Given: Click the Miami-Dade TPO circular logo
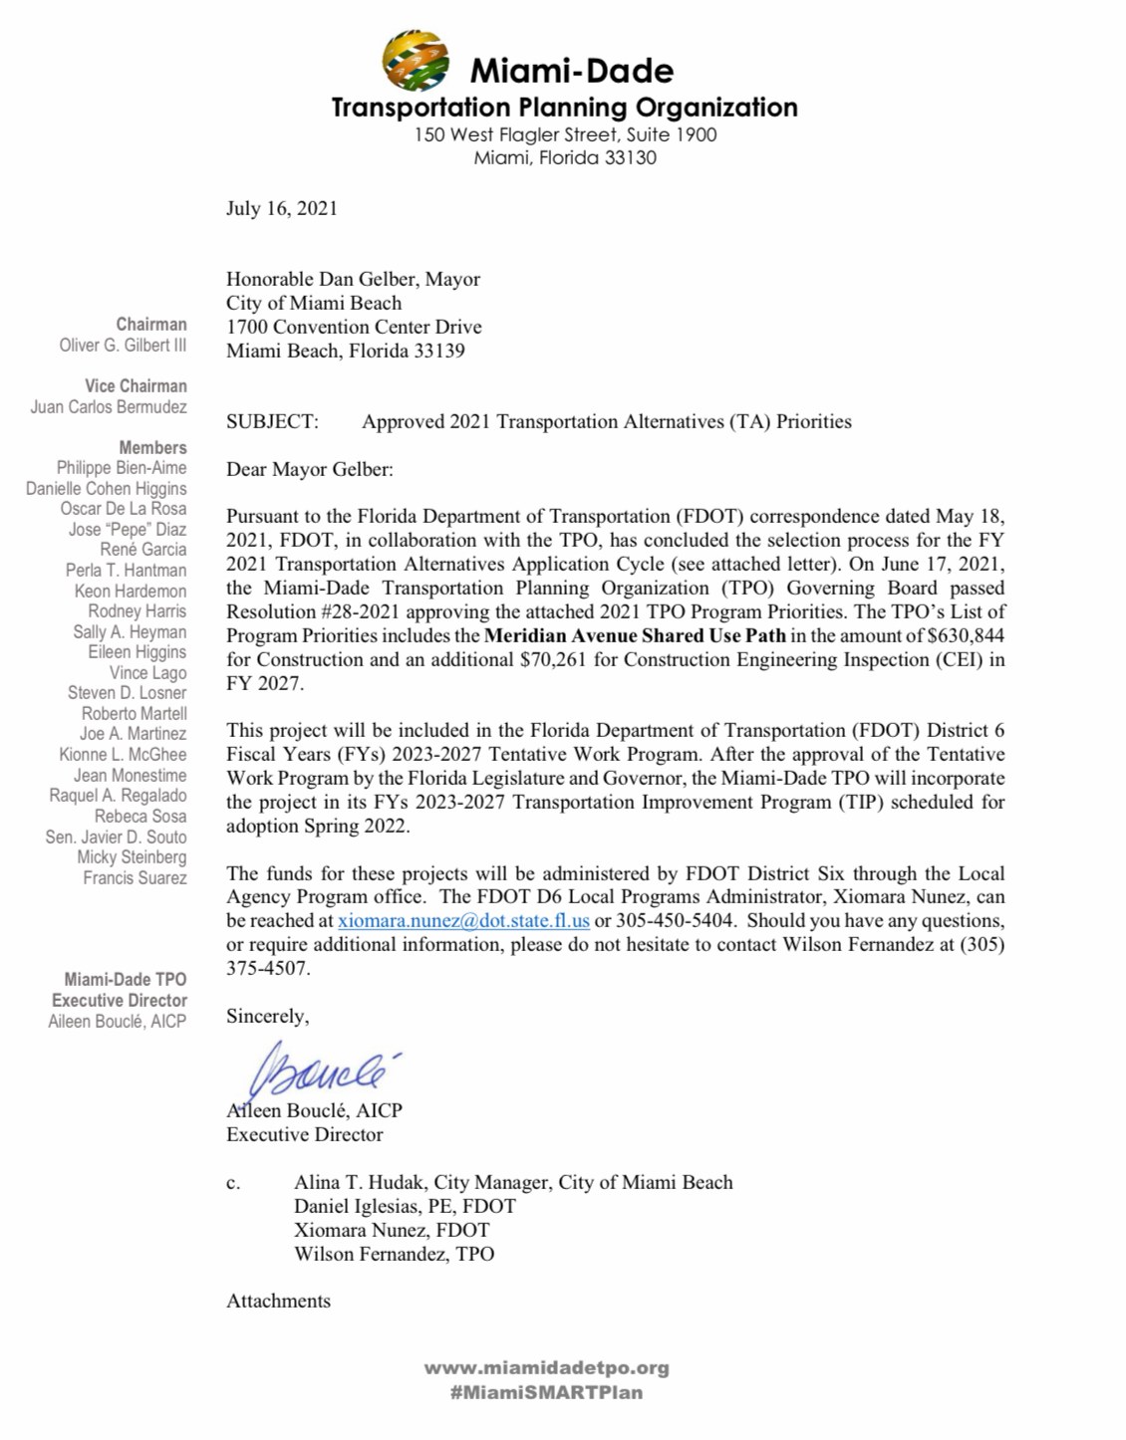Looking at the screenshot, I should [x=416, y=62].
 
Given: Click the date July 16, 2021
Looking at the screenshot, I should [x=281, y=208].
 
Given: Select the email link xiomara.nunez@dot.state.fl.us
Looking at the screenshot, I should [x=463, y=921].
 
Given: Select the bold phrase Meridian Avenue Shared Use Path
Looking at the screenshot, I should [x=635, y=635].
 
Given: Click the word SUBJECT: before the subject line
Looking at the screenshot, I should [x=272, y=421].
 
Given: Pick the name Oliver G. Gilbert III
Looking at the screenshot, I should [x=123, y=346].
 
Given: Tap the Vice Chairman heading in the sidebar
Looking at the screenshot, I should [x=136, y=386].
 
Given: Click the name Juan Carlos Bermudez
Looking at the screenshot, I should [x=109, y=407].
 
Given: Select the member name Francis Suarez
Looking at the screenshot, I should [x=135, y=878].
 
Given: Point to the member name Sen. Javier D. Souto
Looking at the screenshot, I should [x=116, y=838].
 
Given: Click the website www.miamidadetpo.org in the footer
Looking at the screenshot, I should [x=546, y=1368].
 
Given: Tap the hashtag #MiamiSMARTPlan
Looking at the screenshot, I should [x=546, y=1392].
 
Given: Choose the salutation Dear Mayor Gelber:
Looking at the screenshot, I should [x=309, y=469].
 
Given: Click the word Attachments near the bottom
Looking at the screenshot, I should [x=278, y=1301].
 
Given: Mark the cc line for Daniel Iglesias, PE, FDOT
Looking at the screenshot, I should [x=405, y=1206].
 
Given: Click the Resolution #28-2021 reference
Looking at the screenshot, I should [x=308, y=611].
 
